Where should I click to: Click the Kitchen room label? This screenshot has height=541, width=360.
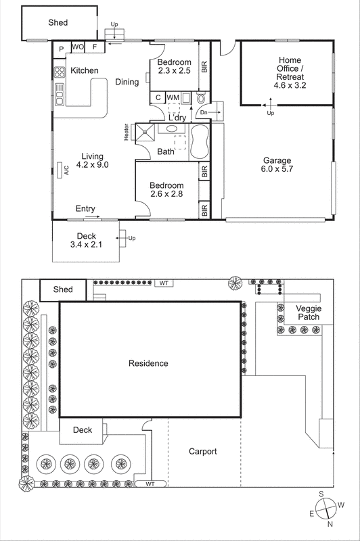click(x=85, y=70)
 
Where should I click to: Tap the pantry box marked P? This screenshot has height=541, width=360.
click(x=61, y=48)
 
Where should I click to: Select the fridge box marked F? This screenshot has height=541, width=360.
click(x=95, y=48)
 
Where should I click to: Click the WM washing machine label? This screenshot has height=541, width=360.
click(x=173, y=98)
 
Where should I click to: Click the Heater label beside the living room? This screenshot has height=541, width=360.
click(x=127, y=131)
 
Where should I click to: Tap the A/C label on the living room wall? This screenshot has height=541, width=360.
click(x=67, y=170)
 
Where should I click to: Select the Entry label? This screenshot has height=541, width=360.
click(x=85, y=208)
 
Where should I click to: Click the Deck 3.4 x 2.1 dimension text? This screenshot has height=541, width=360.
click(x=86, y=244)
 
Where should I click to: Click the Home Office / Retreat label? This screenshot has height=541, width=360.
click(x=290, y=73)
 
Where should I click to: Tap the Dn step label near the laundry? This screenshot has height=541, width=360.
click(x=204, y=112)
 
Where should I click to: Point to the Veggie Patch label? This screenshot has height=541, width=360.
click(x=309, y=312)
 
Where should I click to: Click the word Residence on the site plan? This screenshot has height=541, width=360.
click(x=148, y=363)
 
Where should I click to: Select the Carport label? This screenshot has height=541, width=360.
click(x=203, y=451)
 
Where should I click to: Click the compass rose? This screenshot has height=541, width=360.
click(x=326, y=507)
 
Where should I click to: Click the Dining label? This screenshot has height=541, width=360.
click(x=127, y=82)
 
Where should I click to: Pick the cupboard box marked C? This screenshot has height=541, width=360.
click(x=157, y=98)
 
